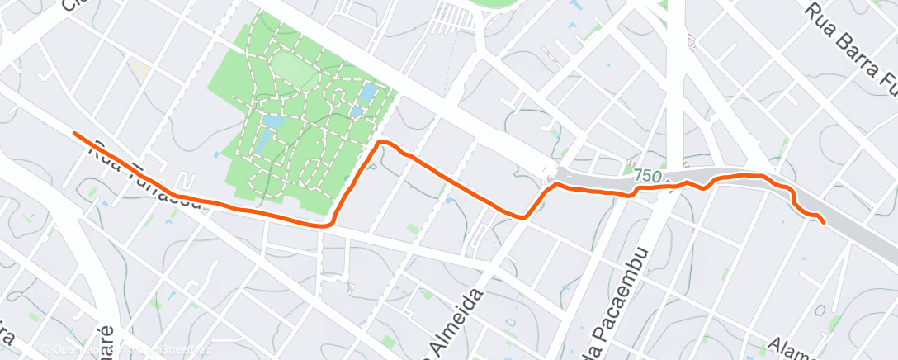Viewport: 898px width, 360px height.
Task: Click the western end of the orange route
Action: [x=74, y=133]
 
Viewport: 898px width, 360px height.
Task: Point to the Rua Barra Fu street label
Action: [x=851, y=41]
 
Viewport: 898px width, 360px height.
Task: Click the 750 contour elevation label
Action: [x=649, y=176]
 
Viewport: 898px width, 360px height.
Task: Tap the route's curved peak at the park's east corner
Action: [x=382, y=143]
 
